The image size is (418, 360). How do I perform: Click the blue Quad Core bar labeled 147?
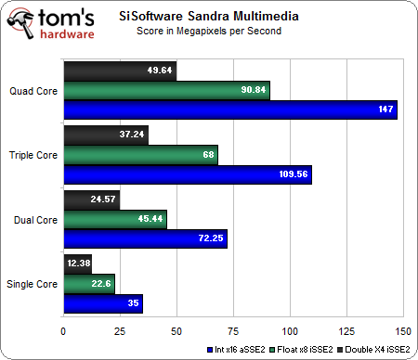(x=229, y=110)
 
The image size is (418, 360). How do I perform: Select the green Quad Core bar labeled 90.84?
(x=166, y=91)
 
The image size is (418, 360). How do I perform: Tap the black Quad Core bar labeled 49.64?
(x=119, y=71)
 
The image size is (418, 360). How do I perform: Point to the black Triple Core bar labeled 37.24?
(x=105, y=135)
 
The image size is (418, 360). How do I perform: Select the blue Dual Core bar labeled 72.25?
(x=145, y=238)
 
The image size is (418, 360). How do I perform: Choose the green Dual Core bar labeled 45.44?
(x=114, y=219)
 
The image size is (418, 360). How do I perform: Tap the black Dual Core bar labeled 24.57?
(x=91, y=199)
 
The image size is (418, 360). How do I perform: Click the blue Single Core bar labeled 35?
(x=102, y=302)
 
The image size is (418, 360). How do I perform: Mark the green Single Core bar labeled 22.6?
(x=88, y=283)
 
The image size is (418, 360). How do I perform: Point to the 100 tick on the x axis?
(x=289, y=328)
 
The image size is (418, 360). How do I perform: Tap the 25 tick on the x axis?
(x=119, y=328)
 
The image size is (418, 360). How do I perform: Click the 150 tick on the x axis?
(x=402, y=328)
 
